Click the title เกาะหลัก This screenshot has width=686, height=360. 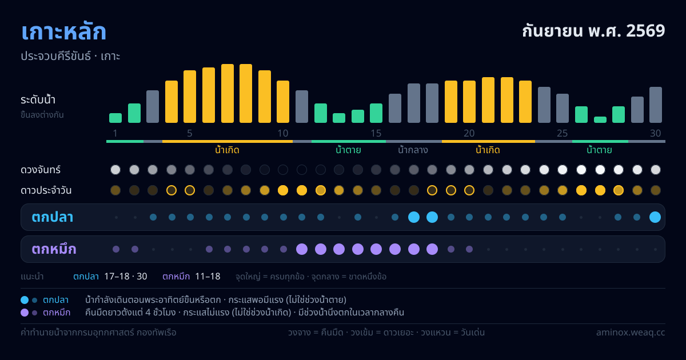pyautogui.click(x=63, y=32)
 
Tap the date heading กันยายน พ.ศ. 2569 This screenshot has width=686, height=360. pyautogui.click(x=593, y=31)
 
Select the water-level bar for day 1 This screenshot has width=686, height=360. pyautogui.click(x=115, y=118)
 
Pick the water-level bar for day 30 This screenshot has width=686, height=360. pyautogui.click(x=656, y=105)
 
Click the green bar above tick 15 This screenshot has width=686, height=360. pyautogui.click(x=376, y=113)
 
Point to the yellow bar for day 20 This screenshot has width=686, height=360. pyautogui.click(x=469, y=102)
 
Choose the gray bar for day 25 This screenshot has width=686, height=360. pyautogui.click(x=563, y=108)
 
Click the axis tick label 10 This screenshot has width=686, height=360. pyautogui.click(x=282, y=133)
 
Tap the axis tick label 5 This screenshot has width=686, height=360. pyautogui.click(x=190, y=133)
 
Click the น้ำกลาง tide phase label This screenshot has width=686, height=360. pyautogui.click(x=413, y=150)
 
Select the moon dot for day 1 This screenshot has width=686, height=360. pyautogui.click(x=115, y=170)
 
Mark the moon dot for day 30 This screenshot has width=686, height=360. pyautogui.click(x=656, y=170)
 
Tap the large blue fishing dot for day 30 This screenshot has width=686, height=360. pyautogui.click(x=655, y=217)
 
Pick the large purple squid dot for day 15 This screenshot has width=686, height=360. pyautogui.click(x=376, y=249)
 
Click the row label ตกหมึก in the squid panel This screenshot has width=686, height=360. pyautogui.click(x=54, y=249)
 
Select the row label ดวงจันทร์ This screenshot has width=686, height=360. pyautogui.click(x=41, y=170)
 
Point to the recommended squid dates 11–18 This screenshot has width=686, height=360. pyautogui.click(x=208, y=277)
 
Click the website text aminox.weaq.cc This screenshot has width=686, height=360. pyautogui.click(x=631, y=333)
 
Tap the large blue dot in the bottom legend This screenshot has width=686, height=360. pyautogui.click(x=25, y=300)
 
